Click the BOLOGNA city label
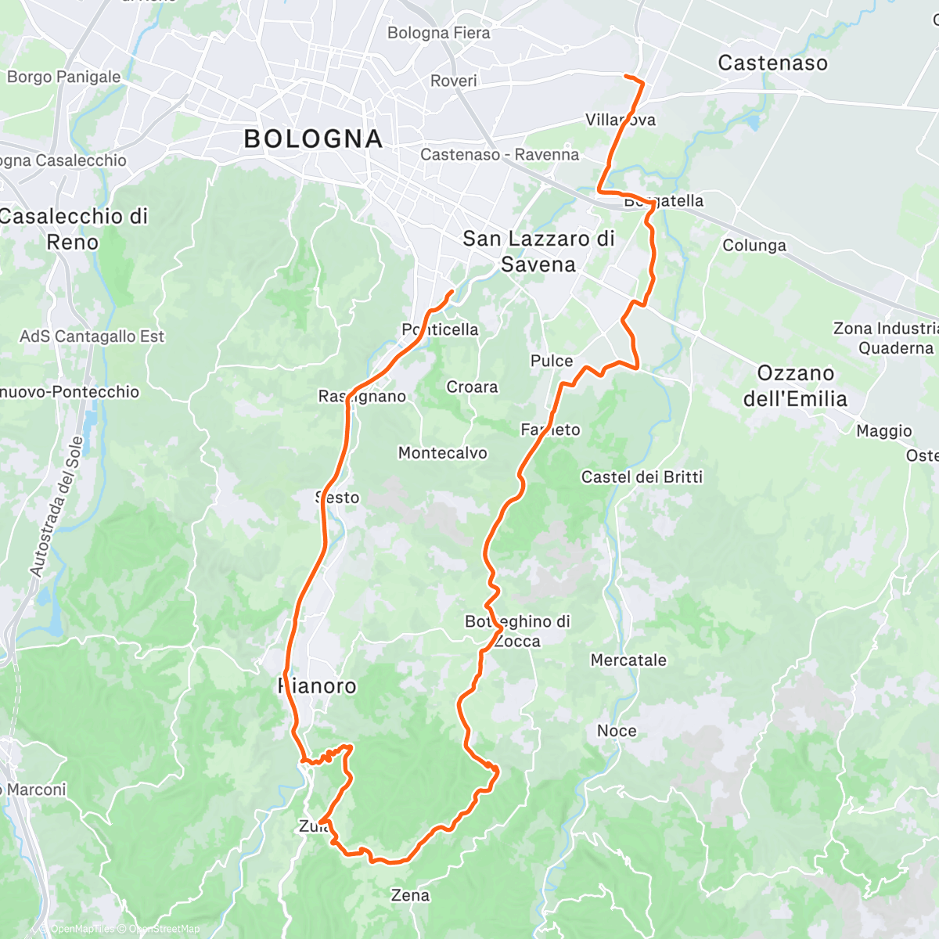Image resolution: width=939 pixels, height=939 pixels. pyautogui.click(x=313, y=139)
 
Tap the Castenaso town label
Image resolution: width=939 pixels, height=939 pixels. pyautogui.click(x=772, y=63)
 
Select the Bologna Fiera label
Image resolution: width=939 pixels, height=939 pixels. pyautogui.click(x=438, y=33)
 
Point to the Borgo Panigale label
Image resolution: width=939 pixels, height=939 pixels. pyautogui.click(x=63, y=77)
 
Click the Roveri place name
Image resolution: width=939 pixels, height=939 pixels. pyautogui.click(x=453, y=81)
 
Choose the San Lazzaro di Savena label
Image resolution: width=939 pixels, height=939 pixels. pyautogui.click(x=538, y=251)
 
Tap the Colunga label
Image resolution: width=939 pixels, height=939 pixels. pyautogui.click(x=754, y=246)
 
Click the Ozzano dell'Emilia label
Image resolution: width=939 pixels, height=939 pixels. pyautogui.click(x=795, y=386)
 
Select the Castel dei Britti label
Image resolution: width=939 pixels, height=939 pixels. pyautogui.click(x=642, y=477)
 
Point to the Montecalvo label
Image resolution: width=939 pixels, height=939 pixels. pyautogui.click(x=442, y=453)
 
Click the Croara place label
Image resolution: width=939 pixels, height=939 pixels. pyautogui.click(x=472, y=387)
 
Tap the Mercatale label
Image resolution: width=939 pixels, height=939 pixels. pyautogui.click(x=628, y=660)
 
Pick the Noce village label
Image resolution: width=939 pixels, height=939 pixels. pyautogui.click(x=617, y=731)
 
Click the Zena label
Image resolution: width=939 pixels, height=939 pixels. pyautogui.click(x=410, y=895)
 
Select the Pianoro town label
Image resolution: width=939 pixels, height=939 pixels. pyautogui.click(x=318, y=686)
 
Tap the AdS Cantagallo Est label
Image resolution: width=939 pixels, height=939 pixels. pyautogui.click(x=92, y=336)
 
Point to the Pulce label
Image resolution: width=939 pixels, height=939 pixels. pyautogui.click(x=552, y=361)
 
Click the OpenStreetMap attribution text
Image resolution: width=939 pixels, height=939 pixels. pyautogui.click(x=164, y=929)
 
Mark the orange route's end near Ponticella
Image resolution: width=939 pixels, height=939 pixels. pyautogui.click(x=452, y=292)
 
